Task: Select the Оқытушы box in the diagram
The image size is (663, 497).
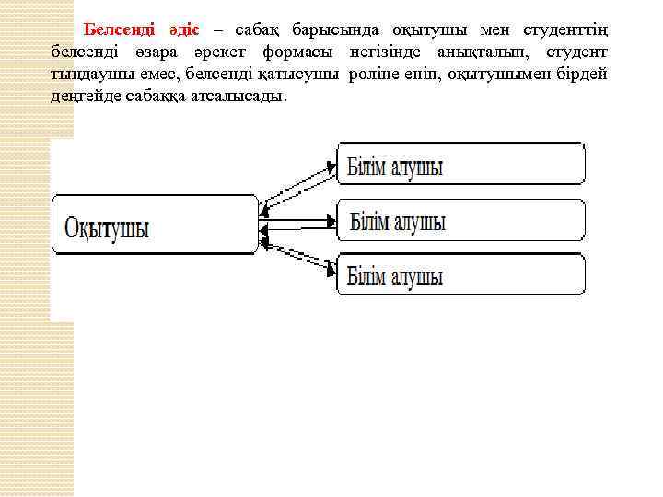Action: point(156,225)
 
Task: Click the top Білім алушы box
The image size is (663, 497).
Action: point(460,164)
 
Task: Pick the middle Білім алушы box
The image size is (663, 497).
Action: point(460,220)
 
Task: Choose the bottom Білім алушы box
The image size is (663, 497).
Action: point(460,274)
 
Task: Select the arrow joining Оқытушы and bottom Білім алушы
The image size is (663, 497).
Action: point(297,255)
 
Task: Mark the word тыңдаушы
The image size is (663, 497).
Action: point(89,75)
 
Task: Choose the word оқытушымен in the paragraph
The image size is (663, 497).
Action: point(497,75)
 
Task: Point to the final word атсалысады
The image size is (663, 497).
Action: point(240,97)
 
